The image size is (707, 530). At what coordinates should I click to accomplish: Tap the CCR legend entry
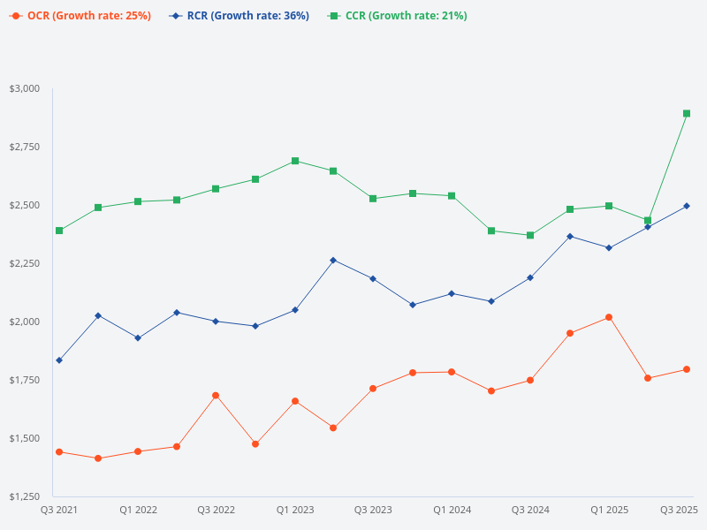[x=402, y=16]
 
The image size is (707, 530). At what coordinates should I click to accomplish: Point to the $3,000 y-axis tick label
[x=25, y=88]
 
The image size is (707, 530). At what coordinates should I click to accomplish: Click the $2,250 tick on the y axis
[x=25, y=263]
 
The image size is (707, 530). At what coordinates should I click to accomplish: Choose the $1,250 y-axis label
[x=25, y=496]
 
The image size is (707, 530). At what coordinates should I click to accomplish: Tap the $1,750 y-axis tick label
[x=25, y=380]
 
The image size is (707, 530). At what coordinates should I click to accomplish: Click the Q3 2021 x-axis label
[x=59, y=510]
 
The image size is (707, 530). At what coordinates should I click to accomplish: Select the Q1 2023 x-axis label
[x=295, y=510]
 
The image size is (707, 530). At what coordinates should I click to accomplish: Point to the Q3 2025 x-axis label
[x=680, y=510]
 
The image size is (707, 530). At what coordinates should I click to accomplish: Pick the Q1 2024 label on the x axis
[x=452, y=510]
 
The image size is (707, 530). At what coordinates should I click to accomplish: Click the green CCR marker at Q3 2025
[x=687, y=113]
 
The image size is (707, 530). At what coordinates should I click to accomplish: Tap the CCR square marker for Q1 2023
[x=295, y=161]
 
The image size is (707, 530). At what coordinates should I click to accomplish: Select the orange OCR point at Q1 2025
[x=609, y=317]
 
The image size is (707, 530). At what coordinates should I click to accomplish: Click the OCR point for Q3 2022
[x=216, y=395]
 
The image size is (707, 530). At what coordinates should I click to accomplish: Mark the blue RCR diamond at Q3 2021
[x=59, y=360]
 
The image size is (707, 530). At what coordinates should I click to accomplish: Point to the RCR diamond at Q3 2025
[x=687, y=206]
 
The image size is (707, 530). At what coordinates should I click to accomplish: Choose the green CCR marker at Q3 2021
[x=59, y=231]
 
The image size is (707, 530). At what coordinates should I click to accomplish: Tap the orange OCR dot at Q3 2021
[x=59, y=451]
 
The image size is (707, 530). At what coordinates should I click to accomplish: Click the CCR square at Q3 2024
[x=530, y=235]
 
